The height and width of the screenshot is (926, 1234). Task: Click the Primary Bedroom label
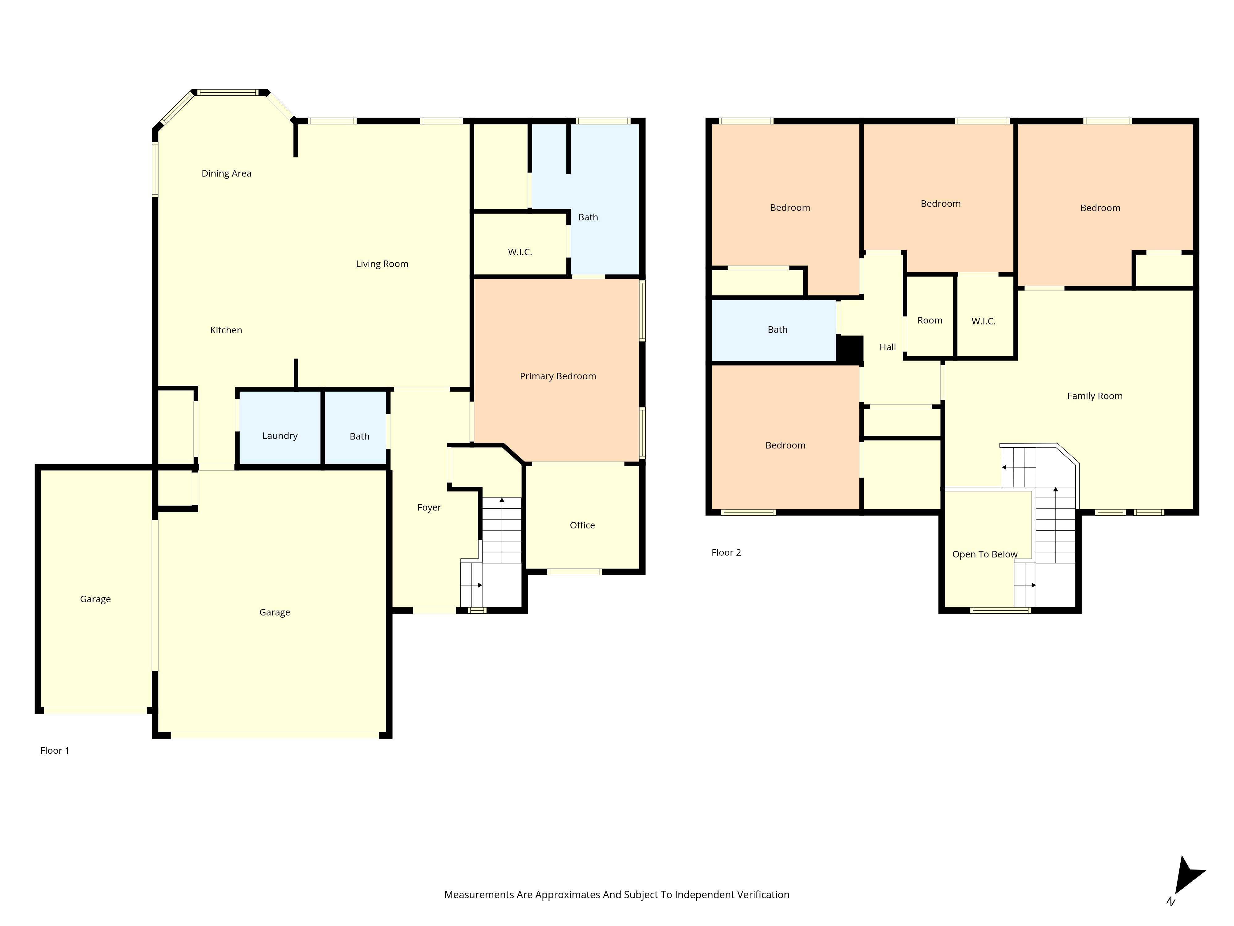pyautogui.click(x=557, y=376)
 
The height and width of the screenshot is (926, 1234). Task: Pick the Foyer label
pyautogui.click(x=429, y=507)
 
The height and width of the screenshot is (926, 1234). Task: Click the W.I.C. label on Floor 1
pyautogui.click(x=520, y=252)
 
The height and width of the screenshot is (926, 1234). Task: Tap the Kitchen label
pyautogui.click(x=226, y=331)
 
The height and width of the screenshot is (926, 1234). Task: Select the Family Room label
pyautogui.click(x=1095, y=396)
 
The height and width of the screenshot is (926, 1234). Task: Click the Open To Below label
pyautogui.click(x=985, y=554)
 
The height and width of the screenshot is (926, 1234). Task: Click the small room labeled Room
pyautogui.click(x=930, y=320)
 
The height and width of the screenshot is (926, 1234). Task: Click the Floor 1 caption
pyautogui.click(x=55, y=751)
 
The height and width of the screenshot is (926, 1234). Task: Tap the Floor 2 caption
pyautogui.click(x=726, y=553)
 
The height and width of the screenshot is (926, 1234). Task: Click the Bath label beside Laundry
pyautogui.click(x=359, y=436)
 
